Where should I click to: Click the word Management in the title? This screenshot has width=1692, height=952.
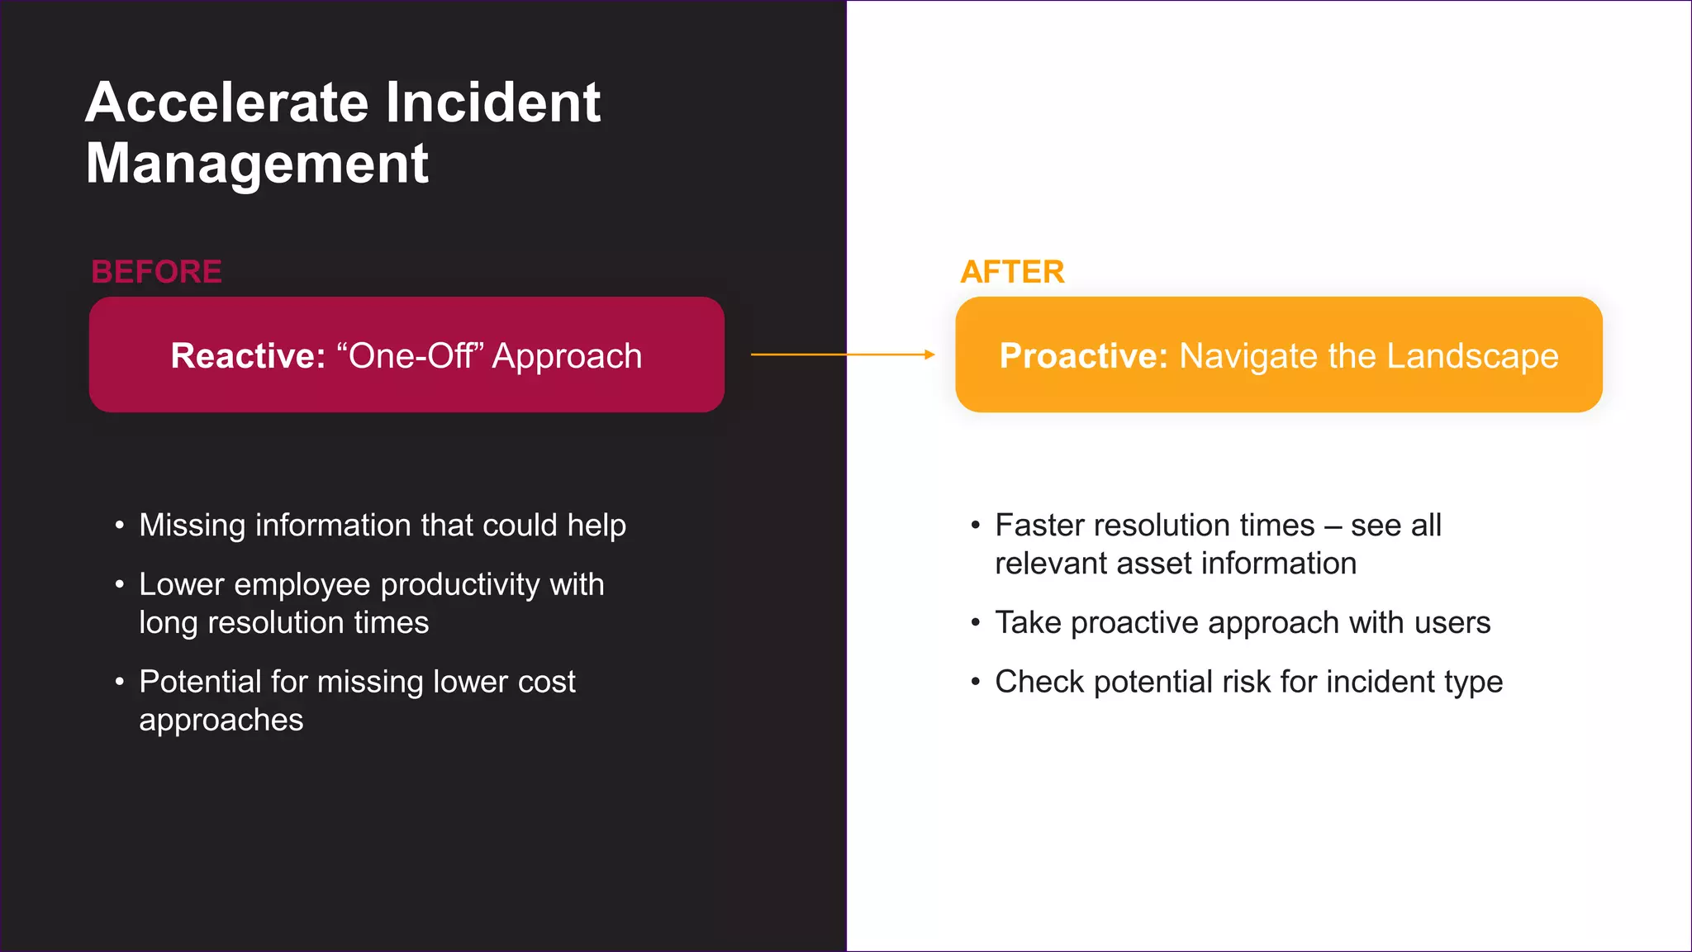pos(257,164)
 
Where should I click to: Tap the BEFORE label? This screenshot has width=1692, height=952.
pos(156,272)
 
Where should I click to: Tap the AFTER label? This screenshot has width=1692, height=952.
pos(1012,272)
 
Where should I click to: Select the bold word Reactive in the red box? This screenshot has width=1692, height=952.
pos(248,356)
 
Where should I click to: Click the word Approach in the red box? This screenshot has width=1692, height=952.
pos(567,356)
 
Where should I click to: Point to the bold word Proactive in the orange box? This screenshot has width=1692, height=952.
pos(1083,356)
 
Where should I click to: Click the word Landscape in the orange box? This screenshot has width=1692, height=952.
pos(1472,356)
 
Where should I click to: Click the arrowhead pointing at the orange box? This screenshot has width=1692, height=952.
pos(929,355)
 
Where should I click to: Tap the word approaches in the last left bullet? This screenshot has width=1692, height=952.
pos(221,721)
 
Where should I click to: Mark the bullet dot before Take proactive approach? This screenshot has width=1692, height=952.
pos(976,623)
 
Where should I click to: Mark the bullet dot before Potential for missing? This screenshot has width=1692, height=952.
pos(120,683)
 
